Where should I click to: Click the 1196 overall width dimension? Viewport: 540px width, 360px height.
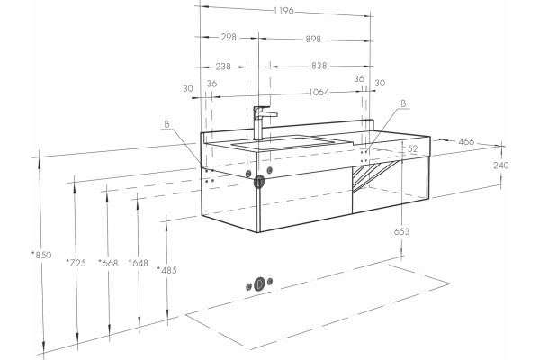coord(283,11)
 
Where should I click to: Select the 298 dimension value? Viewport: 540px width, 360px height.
coord(229,37)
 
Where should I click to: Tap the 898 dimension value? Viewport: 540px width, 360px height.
coord(313,40)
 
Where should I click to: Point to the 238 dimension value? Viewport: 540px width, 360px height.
coord(223,66)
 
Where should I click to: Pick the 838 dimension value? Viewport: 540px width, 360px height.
coord(319,66)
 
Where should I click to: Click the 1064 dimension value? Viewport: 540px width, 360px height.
coord(319,92)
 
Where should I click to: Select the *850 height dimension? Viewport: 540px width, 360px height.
coord(41,255)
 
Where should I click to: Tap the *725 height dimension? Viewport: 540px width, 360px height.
coord(76,263)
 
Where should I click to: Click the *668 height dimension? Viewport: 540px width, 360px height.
coord(108,263)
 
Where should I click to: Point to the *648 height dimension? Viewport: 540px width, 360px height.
coord(138,263)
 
